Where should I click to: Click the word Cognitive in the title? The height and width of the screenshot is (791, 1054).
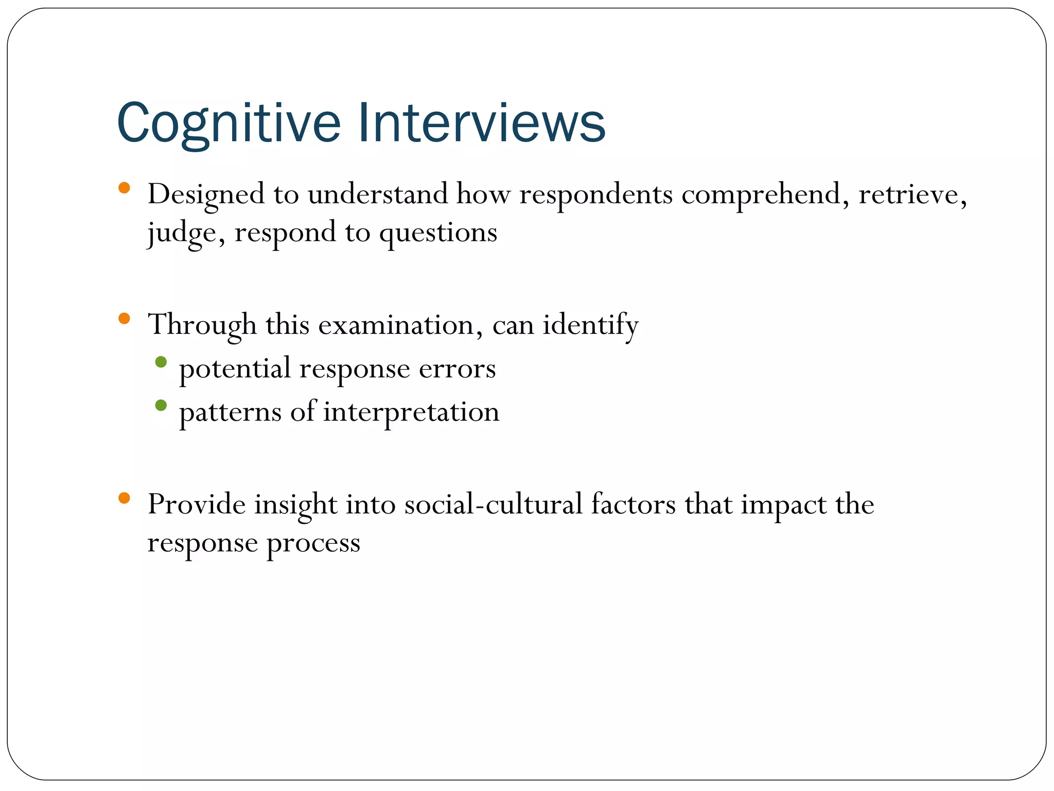tap(229, 124)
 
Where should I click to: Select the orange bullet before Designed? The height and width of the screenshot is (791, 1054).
tap(124, 187)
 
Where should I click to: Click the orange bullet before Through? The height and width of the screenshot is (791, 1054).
tap(124, 318)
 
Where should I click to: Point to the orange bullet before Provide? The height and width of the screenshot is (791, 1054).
tap(124, 497)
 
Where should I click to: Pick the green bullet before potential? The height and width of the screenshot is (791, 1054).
tap(161, 362)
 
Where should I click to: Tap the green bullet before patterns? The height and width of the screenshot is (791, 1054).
tap(161, 405)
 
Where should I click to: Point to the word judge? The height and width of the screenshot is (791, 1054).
tap(186, 233)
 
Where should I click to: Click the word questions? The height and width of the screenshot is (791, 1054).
tap(438, 233)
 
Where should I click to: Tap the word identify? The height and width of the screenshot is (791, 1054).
tap(590, 325)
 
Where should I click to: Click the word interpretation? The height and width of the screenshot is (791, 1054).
tap(411, 412)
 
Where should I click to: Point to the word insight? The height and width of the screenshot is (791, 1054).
tap(295, 505)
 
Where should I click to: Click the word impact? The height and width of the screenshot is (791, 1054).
tap(783, 505)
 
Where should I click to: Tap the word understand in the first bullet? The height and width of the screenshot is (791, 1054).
tap(378, 195)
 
